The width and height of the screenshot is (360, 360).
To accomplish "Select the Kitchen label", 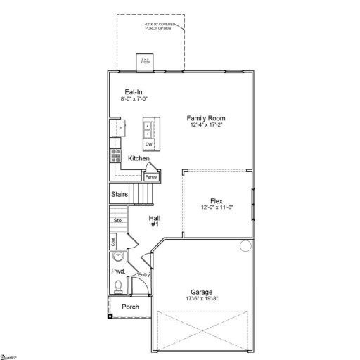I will tap(139, 160).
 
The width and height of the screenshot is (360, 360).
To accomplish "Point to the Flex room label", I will tap(217, 201).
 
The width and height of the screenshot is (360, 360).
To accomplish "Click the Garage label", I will tap(202, 292).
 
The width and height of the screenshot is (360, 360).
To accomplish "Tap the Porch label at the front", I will tap(130, 307).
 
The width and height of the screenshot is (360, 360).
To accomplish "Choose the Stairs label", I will tap(118, 194).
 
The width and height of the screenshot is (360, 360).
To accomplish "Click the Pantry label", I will tap(151, 176).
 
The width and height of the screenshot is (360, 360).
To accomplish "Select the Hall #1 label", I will tap(155, 221).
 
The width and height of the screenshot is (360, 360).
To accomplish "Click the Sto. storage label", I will tap(118, 221).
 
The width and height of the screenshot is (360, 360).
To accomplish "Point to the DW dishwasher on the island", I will tap(149, 144).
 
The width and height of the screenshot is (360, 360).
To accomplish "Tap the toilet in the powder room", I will tap(118, 286).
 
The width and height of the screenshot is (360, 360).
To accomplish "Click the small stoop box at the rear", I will tap(146, 61).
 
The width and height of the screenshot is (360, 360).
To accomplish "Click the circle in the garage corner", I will tap(245, 246).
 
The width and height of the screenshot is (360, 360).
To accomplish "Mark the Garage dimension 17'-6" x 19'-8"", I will tap(202, 299).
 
